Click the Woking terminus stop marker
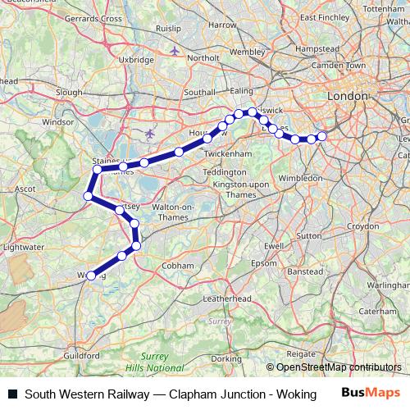click(89, 276)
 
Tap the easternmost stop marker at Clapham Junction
click(322, 135)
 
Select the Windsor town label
click(57, 121)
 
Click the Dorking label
click(226, 358)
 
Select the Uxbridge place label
click(136, 60)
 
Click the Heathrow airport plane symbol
click(148, 132)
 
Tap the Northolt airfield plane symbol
click(175, 51)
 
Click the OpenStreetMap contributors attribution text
click(339, 367)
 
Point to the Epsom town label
click(264, 263)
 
